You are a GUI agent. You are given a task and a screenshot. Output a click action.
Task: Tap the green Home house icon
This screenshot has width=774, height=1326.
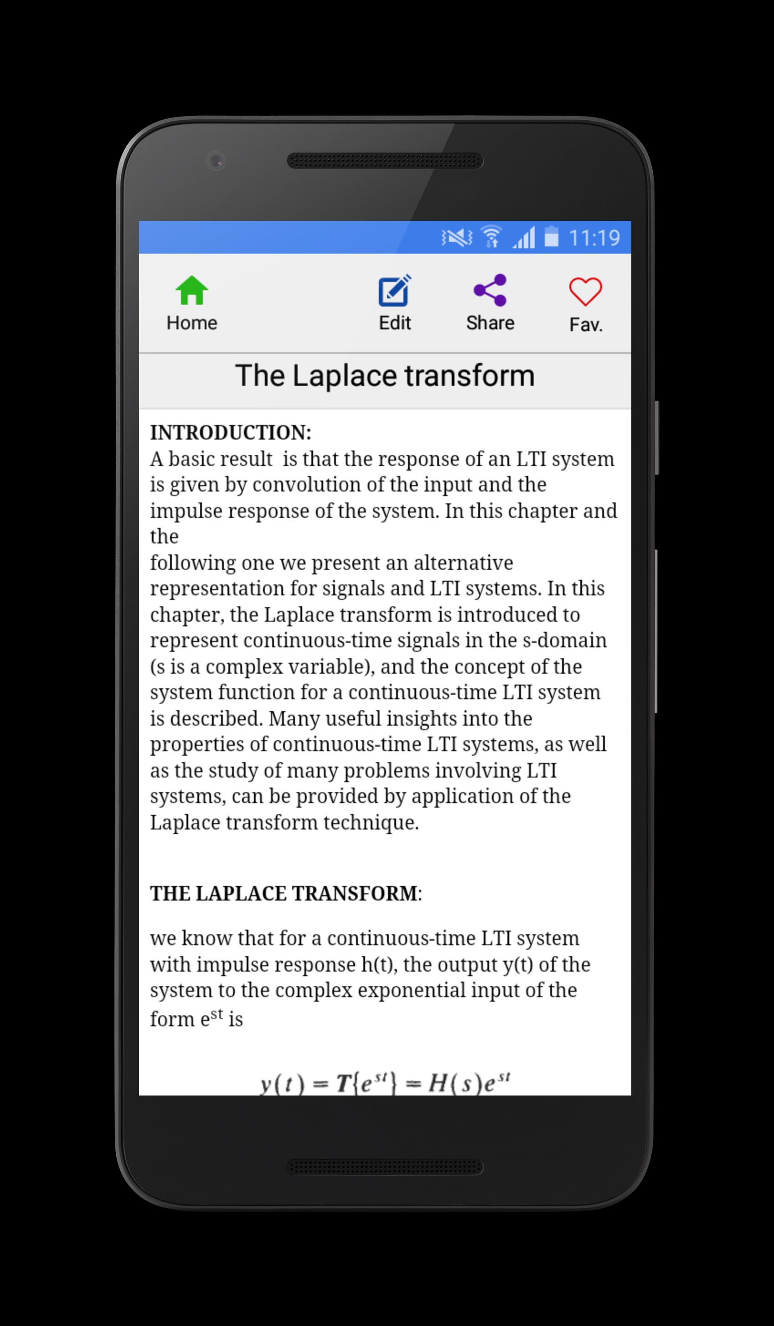pyautogui.click(x=191, y=291)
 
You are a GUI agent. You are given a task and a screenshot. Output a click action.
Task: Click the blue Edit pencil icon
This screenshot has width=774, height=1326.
pyautogui.click(x=394, y=291)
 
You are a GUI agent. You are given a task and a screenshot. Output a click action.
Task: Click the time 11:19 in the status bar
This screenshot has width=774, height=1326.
pyautogui.click(x=594, y=238)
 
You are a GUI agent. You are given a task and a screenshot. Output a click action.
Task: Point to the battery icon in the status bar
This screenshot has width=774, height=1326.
pyautogui.click(x=551, y=237)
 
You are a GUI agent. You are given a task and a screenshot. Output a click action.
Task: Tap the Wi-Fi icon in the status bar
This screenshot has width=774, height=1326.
pyautogui.click(x=491, y=237)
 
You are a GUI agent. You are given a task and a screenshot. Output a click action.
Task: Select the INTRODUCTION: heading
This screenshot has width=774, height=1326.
pyautogui.click(x=231, y=433)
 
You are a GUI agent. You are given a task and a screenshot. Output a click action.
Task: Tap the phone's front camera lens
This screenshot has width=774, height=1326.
pyautogui.click(x=216, y=160)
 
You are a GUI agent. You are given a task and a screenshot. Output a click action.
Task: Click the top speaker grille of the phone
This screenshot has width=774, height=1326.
pyautogui.click(x=385, y=160)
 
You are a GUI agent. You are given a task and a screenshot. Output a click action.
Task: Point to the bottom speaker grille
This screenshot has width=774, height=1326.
pyautogui.click(x=385, y=1167)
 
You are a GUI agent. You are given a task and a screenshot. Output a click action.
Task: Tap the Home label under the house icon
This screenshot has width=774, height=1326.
pyautogui.click(x=191, y=323)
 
